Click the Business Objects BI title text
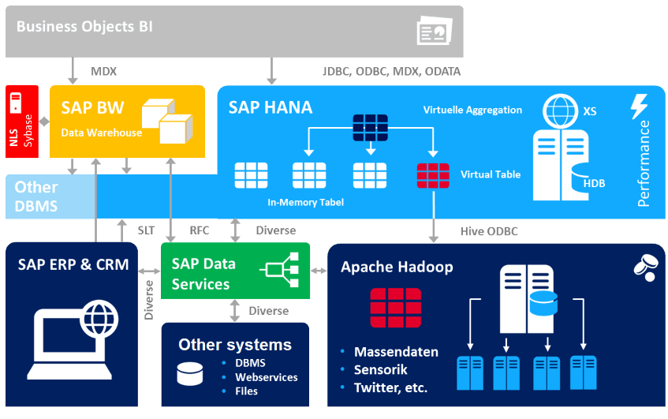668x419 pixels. pos(84,27)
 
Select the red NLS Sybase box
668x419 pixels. pos(22,122)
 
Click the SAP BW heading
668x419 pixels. pos(88,108)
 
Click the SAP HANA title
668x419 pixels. pos(271,107)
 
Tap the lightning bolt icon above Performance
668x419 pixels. pos(639,107)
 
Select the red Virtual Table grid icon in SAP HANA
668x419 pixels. pos(433,174)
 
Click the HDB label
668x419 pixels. pos(594,183)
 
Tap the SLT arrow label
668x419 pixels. pos(146,230)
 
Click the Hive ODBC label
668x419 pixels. pos(489,231)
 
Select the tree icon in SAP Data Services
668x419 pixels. pos(282,271)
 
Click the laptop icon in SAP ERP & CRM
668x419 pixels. pos(73,339)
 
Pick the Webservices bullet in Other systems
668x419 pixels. pos(267,377)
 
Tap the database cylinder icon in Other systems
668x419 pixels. pos(189,373)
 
